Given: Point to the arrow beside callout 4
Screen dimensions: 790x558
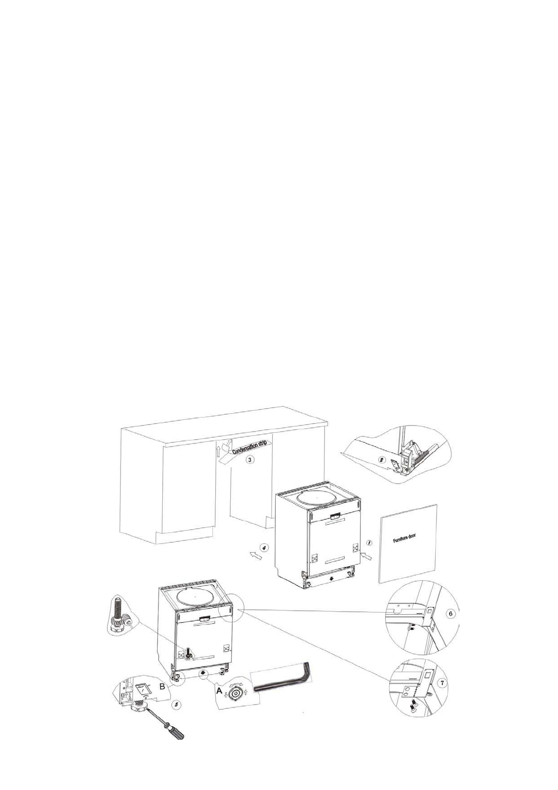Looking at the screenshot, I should click(255, 556).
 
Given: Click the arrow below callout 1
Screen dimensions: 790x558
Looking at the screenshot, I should click(367, 556).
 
